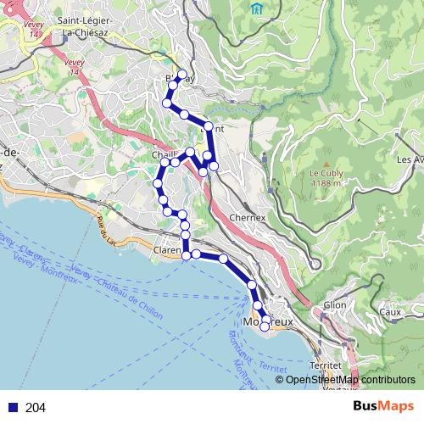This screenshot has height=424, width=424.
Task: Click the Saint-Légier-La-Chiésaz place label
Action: (x=88, y=26)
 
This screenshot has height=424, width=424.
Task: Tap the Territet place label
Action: (x=326, y=364)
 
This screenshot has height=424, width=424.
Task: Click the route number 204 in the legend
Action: (x=36, y=408)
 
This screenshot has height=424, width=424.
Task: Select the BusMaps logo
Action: (x=383, y=406)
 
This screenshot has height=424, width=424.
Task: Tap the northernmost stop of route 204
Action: (x=181, y=73)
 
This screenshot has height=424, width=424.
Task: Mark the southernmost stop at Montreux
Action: (x=265, y=326)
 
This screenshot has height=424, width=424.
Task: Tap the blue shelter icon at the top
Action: (x=257, y=8)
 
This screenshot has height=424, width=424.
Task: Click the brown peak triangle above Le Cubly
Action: (x=324, y=162)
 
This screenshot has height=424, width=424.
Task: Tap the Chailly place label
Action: (x=165, y=156)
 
